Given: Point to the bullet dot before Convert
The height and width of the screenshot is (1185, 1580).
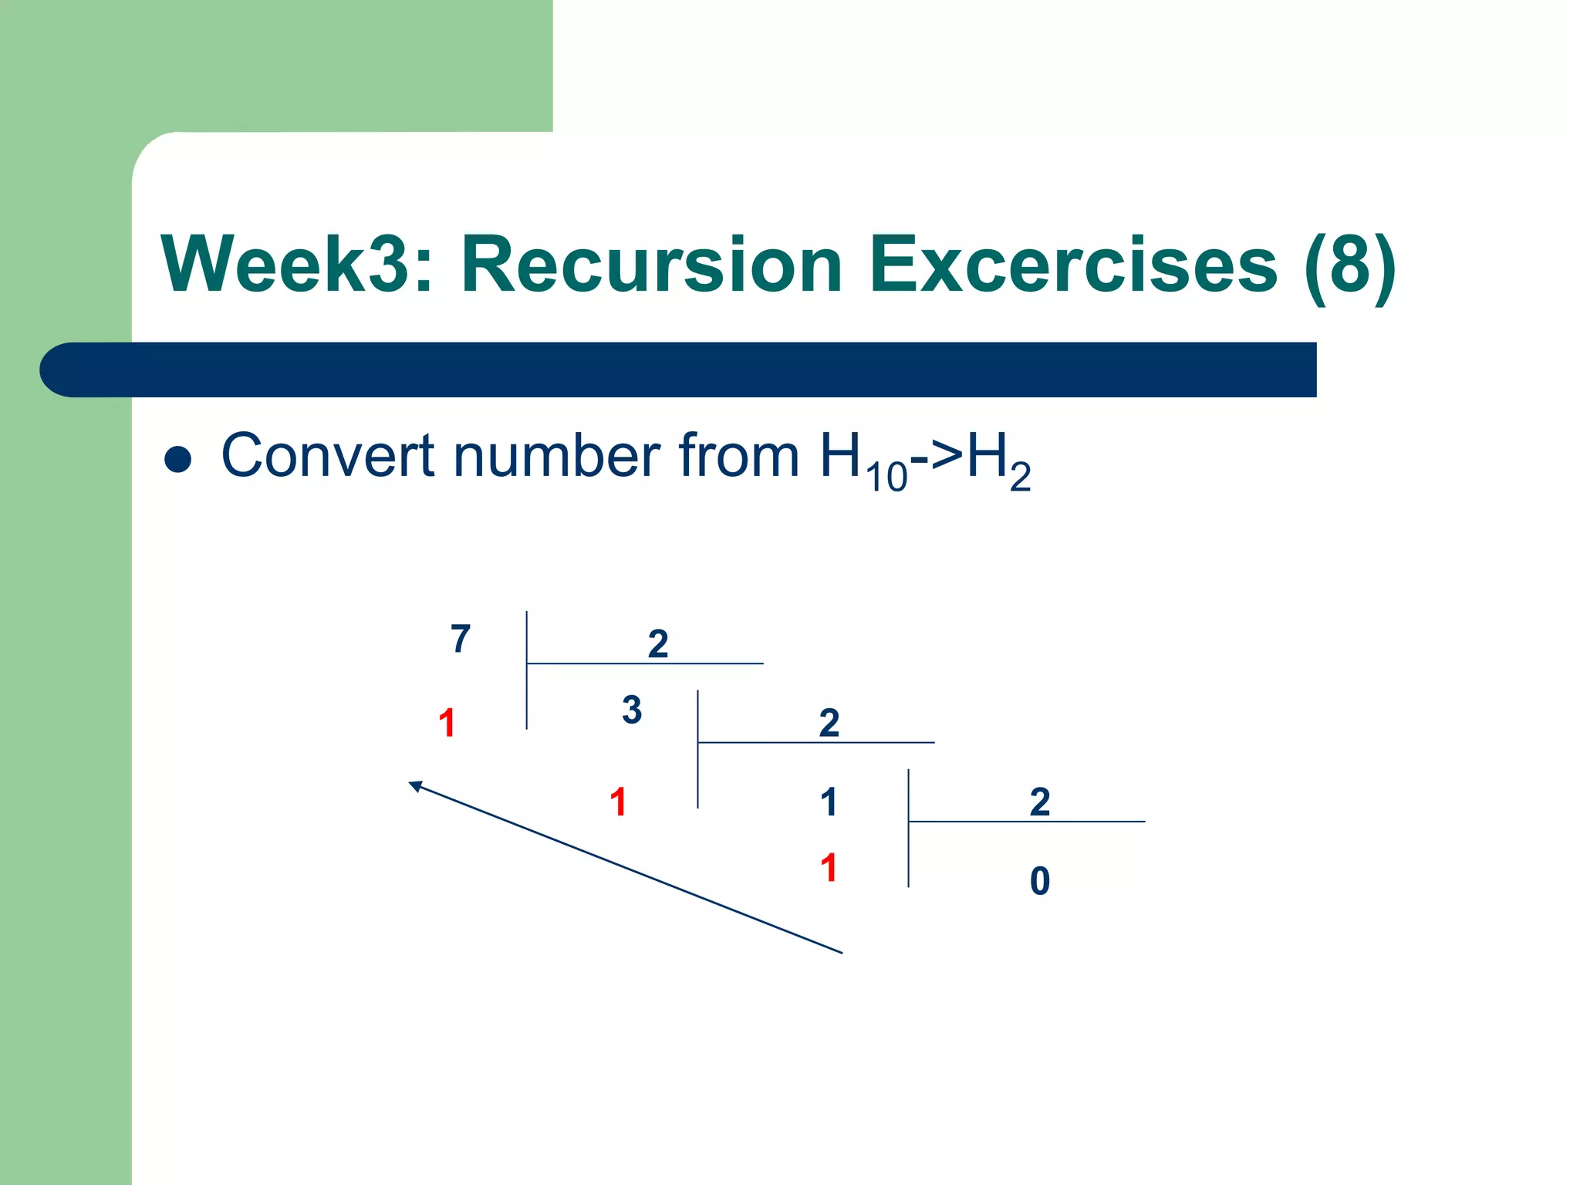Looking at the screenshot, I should click(178, 460).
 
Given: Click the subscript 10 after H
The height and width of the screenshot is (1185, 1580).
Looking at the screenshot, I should click(886, 477).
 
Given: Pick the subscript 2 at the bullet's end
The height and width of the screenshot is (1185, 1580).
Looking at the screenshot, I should click(1020, 477).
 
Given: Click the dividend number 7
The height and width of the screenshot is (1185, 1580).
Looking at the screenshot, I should click(461, 639).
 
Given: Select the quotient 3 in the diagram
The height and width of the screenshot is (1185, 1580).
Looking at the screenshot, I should click(632, 710).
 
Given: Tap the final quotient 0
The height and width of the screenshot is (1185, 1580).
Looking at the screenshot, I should click(1040, 880).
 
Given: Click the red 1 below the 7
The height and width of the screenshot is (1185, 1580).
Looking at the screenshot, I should click(447, 723).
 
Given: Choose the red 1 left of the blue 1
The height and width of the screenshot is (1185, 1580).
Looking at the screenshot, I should click(618, 802).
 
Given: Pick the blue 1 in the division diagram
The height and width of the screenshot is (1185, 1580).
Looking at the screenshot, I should click(829, 802).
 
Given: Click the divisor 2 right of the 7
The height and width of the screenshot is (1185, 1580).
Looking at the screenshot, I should click(657, 643).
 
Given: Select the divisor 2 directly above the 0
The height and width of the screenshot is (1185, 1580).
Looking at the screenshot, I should click(1040, 802).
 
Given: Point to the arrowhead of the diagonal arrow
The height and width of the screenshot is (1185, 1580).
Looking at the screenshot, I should click(414, 785).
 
